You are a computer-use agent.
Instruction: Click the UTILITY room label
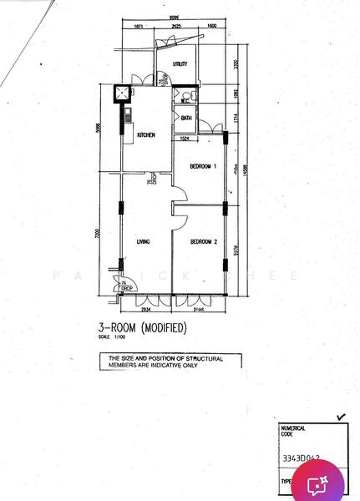click(x=180, y=64)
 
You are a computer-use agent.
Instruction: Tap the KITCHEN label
click(x=148, y=134)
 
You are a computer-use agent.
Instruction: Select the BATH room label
click(x=186, y=119)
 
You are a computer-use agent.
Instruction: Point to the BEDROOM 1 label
click(x=203, y=167)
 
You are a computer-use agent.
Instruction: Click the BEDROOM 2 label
click(x=203, y=242)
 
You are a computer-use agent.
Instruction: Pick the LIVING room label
click(x=143, y=242)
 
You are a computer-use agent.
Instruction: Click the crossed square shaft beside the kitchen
click(x=122, y=94)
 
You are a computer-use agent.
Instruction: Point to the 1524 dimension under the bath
click(x=187, y=138)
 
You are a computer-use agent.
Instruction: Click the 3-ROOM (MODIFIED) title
click(x=143, y=327)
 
